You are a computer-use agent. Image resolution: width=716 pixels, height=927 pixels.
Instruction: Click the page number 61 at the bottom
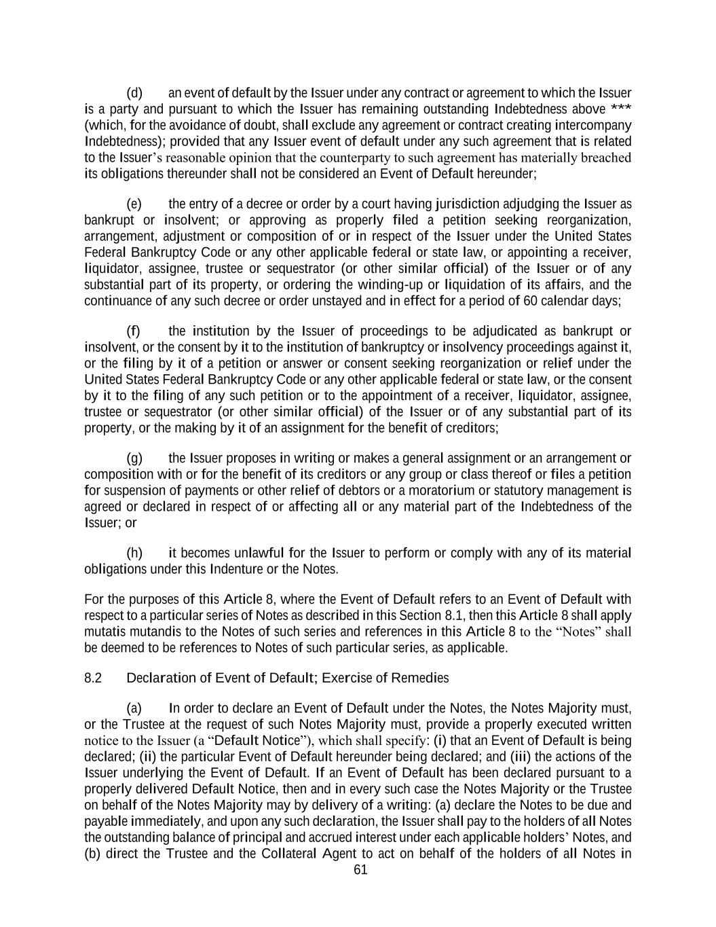coord(360,870)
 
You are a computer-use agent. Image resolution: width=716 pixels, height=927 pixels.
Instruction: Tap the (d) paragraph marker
coord(134,93)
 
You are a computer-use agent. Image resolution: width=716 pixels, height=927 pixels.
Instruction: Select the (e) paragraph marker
coord(134,204)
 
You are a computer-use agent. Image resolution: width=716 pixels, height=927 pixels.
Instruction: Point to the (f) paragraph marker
coord(134,331)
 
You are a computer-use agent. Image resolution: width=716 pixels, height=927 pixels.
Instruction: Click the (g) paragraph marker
coord(134,458)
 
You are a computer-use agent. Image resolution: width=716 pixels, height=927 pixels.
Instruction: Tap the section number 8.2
coord(93,678)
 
